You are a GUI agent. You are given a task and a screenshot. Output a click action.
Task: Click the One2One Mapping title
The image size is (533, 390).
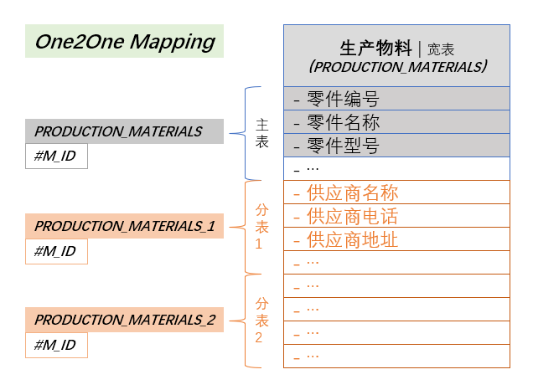pyautogui.click(x=125, y=42)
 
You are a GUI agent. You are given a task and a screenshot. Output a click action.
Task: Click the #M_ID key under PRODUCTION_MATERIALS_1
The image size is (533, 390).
pyautogui.click(x=56, y=251)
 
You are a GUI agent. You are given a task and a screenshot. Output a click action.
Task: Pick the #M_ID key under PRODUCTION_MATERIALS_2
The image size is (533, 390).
pyautogui.click(x=56, y=345)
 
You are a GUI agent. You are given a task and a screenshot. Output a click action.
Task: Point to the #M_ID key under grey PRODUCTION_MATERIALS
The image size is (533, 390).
pyautogui.click(x=56, y=157)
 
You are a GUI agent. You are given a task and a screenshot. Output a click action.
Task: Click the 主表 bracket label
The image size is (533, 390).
pyautogui.click(x=261, y=133)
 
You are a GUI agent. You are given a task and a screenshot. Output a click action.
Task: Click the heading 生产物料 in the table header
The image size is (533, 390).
pyautogui.click(x=375, y=48)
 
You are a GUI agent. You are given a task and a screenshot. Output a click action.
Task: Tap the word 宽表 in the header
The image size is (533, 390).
pyautogui.click(x=441, y=49)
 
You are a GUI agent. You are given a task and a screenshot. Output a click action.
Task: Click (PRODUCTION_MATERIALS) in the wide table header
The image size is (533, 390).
pyautogui.click(x=397, y=66)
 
